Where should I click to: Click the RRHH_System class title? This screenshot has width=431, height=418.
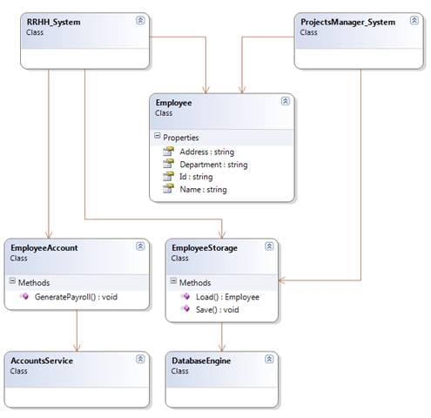[x=53, y=23]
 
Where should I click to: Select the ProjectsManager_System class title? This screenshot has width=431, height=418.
[x=347, y=23]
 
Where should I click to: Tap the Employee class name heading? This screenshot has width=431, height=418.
[x=173, y=103]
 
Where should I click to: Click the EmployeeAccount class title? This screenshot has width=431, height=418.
[x=44, y=248]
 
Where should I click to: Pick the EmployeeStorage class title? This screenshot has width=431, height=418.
[x=205, y=248]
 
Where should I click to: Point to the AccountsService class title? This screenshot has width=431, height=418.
[x=42, y=361]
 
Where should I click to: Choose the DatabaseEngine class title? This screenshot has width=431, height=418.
[x=201, y=361]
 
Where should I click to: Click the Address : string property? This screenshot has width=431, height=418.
[x=207, y=152]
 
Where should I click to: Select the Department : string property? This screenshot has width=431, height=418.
[x=213, y=165]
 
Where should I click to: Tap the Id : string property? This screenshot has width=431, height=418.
[x=196, y=177]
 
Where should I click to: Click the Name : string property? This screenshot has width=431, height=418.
[x=203, y=190]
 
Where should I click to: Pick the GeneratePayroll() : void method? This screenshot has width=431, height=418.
[x=76, y=297]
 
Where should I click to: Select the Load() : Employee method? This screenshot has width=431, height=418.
[x=227, y=297]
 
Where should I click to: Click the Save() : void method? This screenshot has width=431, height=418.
[x=218, y=310]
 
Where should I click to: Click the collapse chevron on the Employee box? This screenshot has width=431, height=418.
[x=286, y=101]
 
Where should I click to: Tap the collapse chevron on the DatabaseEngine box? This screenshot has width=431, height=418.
[x=269, y=359]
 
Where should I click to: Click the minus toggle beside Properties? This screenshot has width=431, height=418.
[x=158, y=136]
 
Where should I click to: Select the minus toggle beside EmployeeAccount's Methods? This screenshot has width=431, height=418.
[x=12, y=280]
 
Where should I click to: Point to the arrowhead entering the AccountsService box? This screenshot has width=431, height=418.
[x=77, y=347]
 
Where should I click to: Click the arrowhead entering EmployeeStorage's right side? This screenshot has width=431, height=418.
[x=282, y=280]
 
